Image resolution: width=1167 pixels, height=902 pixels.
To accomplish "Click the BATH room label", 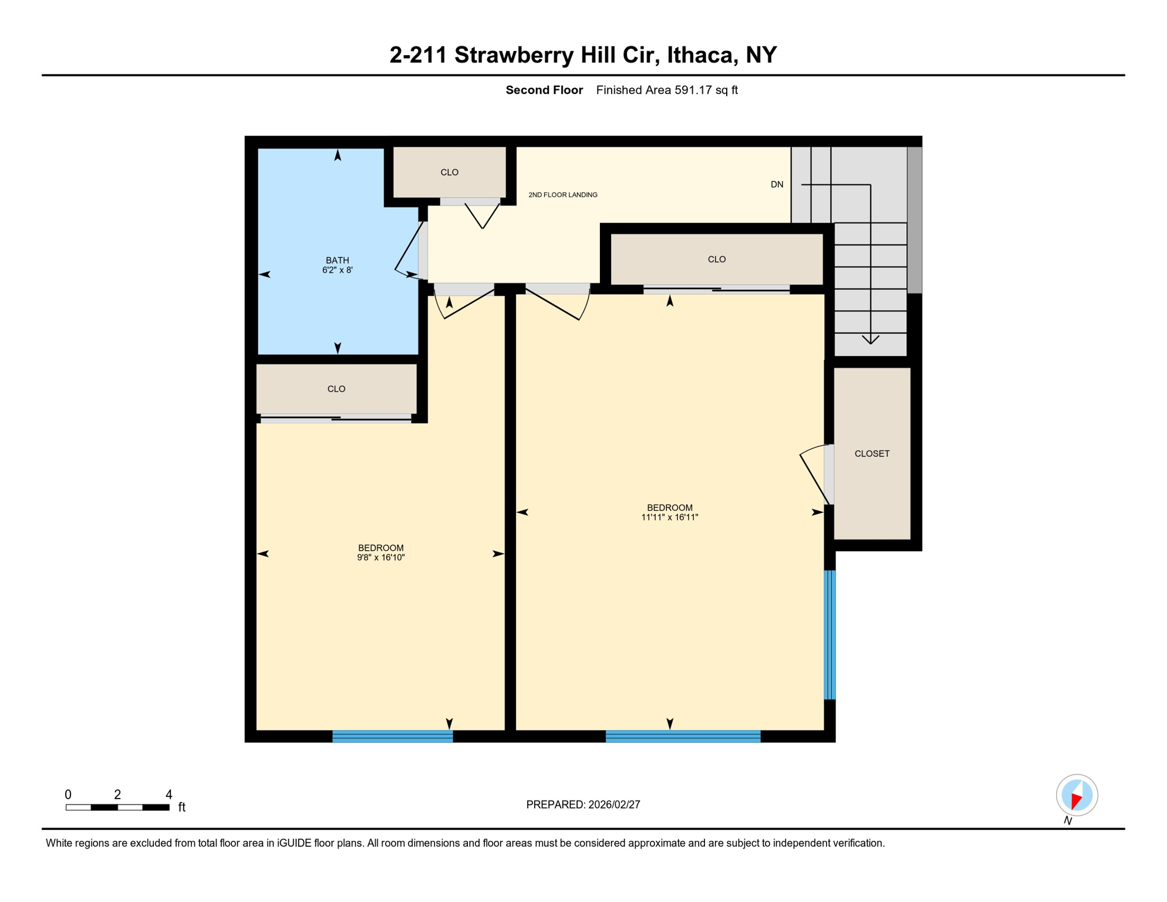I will (337, 260).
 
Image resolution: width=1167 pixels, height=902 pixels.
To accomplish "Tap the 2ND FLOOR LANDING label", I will (562, 195).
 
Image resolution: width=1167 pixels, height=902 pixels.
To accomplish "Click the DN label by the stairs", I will (777, 184).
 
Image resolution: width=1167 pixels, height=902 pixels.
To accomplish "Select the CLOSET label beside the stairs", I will (872, 453).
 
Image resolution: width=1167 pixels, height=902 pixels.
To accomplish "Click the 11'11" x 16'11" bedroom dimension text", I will (669, 517).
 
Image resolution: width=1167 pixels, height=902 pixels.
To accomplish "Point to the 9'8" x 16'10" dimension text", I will (380, 557).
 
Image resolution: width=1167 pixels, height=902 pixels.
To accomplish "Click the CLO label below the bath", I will (336, 389).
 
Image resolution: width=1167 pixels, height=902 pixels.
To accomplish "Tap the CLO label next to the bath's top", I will (449, 172).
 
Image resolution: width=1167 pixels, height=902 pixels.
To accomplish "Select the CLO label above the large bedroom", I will (716, 259).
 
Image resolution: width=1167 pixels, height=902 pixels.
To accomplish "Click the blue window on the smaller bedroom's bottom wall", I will (392, 736).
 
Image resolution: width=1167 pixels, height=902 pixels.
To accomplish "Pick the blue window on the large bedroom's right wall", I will (829, 634).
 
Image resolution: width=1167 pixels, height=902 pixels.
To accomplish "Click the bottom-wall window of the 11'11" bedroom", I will (682, 736).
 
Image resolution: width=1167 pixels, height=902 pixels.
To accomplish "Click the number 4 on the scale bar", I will (168, 795).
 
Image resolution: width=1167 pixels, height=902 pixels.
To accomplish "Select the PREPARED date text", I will (582, 805).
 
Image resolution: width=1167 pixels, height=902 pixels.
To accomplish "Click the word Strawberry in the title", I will (514, 55).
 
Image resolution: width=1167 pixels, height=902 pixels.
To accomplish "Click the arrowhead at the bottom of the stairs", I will (870, 339).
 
